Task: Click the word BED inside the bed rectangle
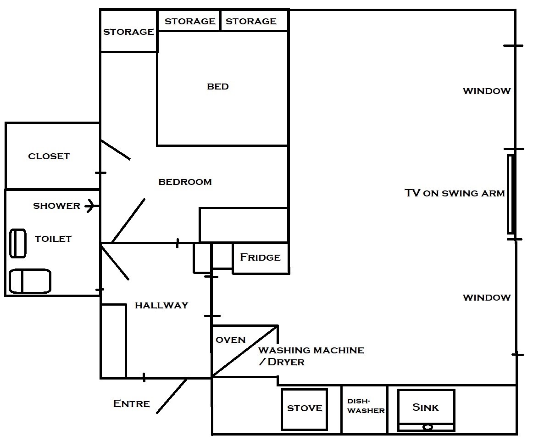pos(218,86)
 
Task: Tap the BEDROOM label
pos(185,182)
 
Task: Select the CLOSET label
pos(49,156)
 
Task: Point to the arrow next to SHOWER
pos(92,206)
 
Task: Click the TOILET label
pos(53,239)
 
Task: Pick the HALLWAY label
pos(162,306)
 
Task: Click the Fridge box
pos(261,258)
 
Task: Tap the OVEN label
pos(231,340)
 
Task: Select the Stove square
pos(304,409)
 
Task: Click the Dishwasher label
pos(366,406)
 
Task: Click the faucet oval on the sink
pos(428,427)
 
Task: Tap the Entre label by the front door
pos(132,404)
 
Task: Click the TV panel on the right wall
pos(510,194)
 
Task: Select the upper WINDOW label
pos(487,91)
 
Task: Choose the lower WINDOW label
pos(487,298)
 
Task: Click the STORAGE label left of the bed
pos(128,32)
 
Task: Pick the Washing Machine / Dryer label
pos(311,356)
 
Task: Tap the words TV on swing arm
pos(455,193)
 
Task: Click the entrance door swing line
pos(172,395)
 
